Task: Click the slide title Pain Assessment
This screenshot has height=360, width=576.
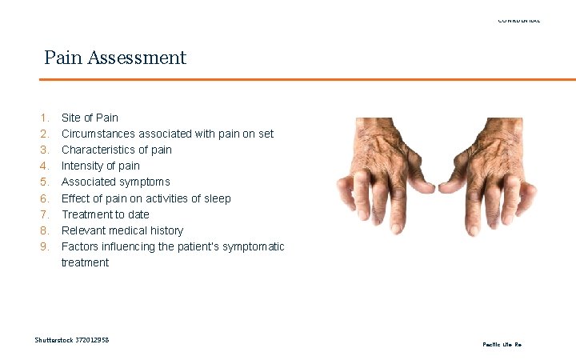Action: pos(115,58)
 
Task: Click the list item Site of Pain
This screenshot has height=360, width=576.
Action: pos(90,118)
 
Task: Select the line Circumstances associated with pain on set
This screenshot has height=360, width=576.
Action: pos(167,134)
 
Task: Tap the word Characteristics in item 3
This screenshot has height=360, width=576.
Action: pos(94,150)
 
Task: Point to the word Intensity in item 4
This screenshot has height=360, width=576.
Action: pos(82,166)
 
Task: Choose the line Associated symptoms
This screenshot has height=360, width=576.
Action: pos(115,182)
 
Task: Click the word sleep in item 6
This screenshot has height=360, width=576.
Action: pos(216,198)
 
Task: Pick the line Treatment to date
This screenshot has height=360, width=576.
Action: pos(105,214)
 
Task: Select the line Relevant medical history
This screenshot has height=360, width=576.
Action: pos(122,230)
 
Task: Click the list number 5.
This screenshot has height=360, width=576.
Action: pos(45,182)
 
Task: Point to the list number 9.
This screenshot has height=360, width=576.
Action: pos(45,246)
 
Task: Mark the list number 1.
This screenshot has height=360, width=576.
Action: pos(45,118)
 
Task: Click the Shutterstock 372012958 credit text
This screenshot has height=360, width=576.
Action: pos(71,340)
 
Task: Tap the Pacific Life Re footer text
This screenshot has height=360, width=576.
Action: pos(502,344)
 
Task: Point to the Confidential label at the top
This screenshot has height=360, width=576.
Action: pos(518,20)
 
